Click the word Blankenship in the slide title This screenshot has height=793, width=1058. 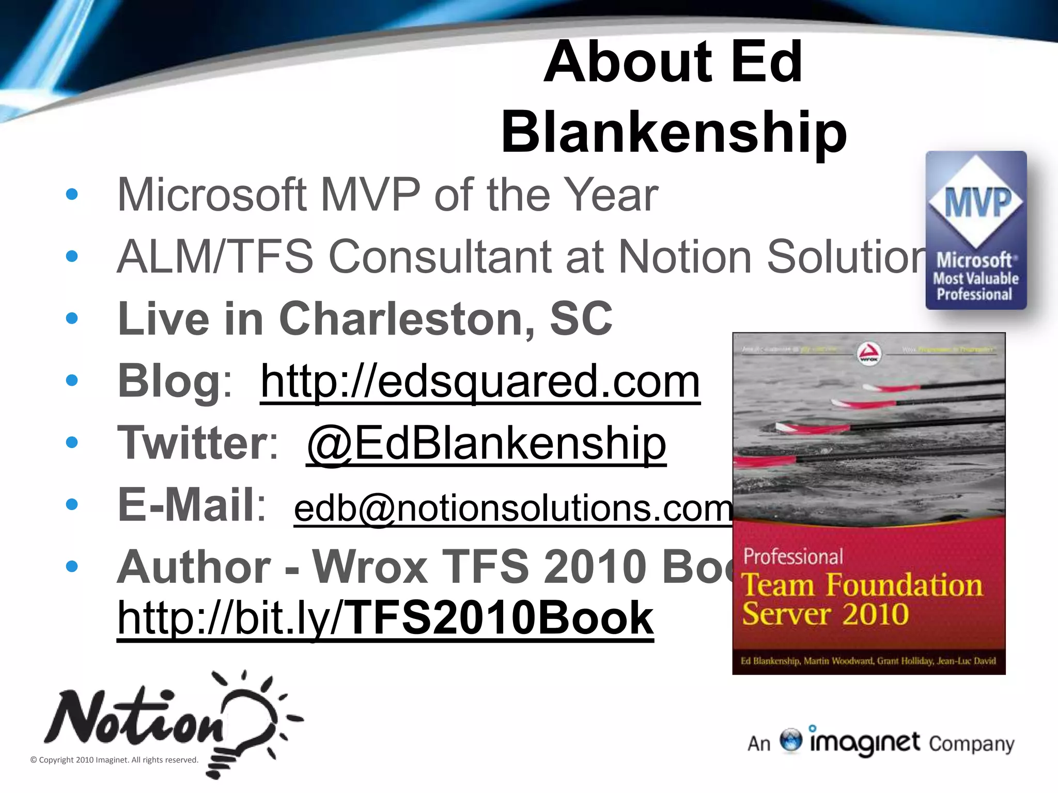pyautogui.click(x=674, y=132)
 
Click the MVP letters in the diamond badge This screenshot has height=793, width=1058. pyautogui.click(x=976, y=202)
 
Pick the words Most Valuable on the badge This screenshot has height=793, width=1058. pyautogui.click(x=976, y=279)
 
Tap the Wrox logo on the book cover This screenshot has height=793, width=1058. pyautogui.click(x=869, y=354)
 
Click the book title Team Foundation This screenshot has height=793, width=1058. pyautogui.click(x=862, y=585)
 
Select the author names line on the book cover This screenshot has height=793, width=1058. pyautogui.click(x=868, y=661)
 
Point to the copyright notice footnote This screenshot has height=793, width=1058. pyautogui.click(x=114, y=760)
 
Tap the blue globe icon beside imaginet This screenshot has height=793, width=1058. pyautogui.click(x=791, y=740)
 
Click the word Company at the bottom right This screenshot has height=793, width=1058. pyautogui.click(x=971, y=744)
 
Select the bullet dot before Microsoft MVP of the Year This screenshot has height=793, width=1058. pyautogui.click(x=72, y=194)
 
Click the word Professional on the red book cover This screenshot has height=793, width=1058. pyautogui.click(x=793, y=557)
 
